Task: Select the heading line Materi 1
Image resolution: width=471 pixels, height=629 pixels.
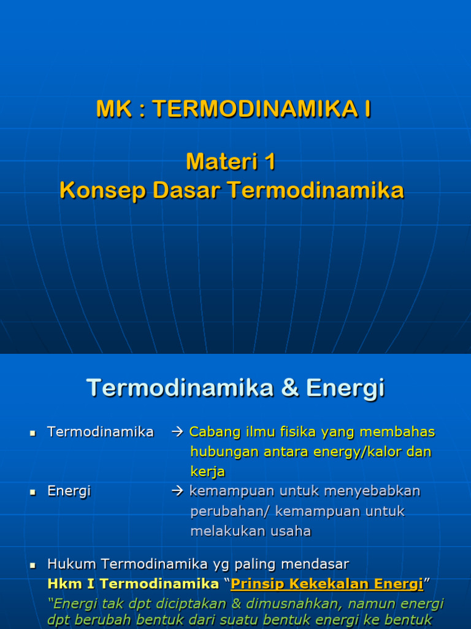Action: point(231,162)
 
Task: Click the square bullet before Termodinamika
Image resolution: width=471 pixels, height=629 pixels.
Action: point(33,433)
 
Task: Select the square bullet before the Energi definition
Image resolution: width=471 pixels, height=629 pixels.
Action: point(33,492)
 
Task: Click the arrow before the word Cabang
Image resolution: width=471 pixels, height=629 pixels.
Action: point(178,432)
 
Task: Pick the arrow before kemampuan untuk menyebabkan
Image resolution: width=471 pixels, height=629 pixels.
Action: point(178,491)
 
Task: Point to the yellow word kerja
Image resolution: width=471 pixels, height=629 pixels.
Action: point(207,472)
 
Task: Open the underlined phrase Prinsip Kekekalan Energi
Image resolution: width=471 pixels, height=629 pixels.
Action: point(327,584)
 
